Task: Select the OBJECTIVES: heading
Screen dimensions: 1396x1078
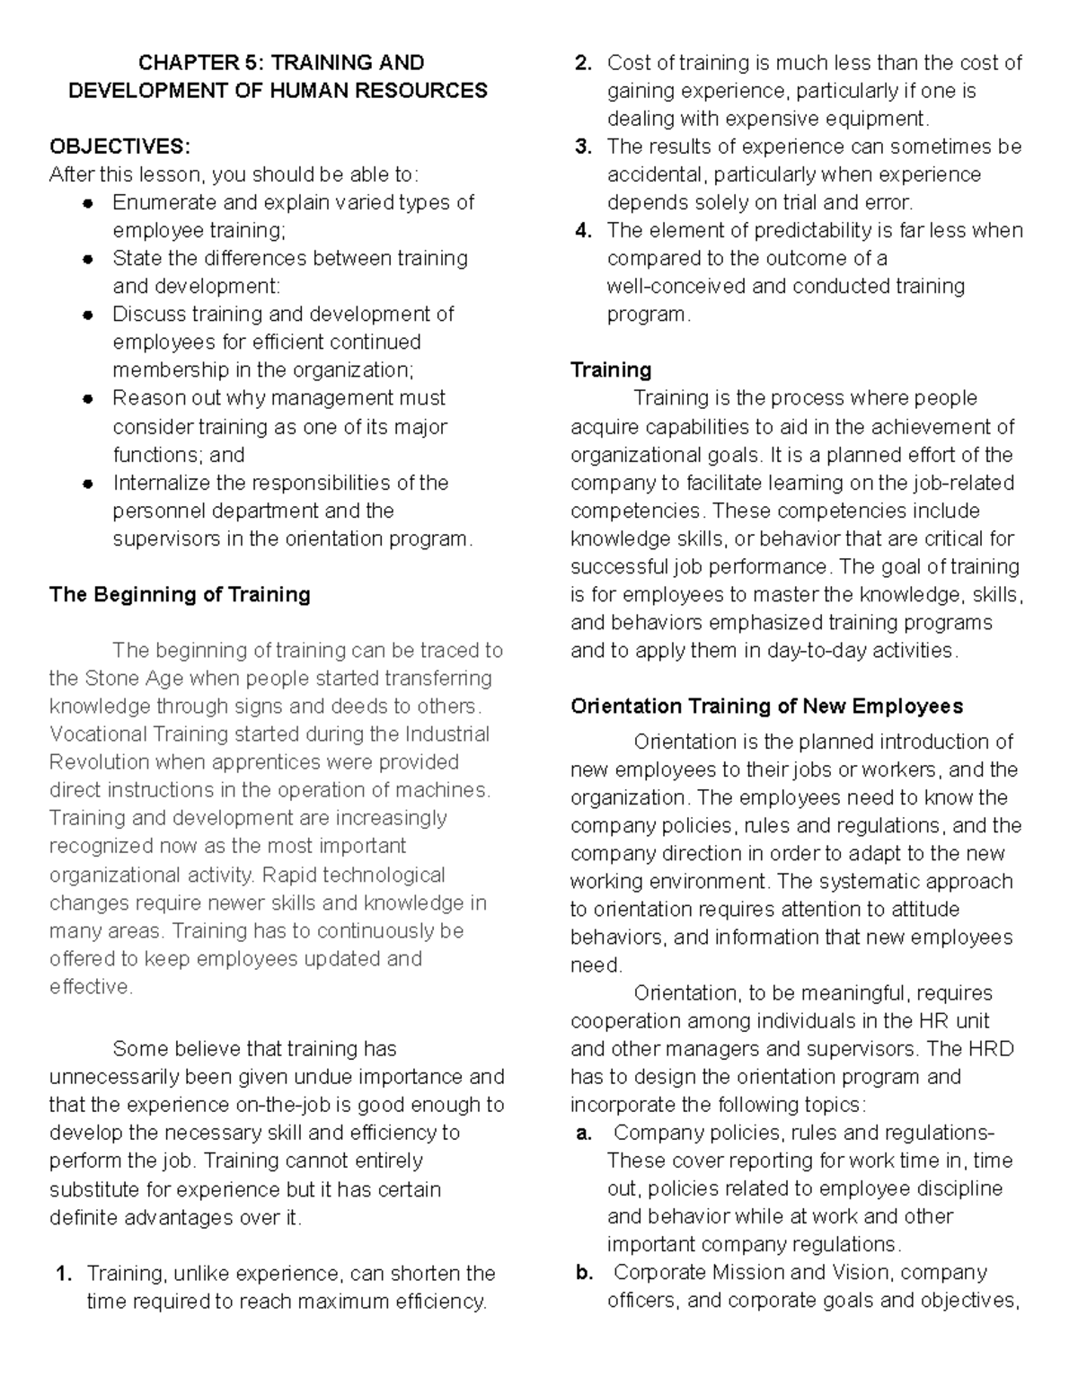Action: click(x=119, y=147)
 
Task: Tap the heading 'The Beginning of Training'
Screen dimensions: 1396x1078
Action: click(x=180, y=594)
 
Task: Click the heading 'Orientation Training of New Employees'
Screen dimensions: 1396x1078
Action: click(x=766, y=706)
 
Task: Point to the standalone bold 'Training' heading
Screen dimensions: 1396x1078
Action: click(x=611, y=370)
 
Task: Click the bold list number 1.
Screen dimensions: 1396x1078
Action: click(x=62, y=1274)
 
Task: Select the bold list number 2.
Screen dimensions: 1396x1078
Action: click(x=583, y=63)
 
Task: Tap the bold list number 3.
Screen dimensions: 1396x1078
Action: click(x=583, y=147)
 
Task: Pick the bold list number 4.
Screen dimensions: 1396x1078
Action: click(x=583, y=231)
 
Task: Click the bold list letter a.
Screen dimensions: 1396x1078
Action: click(x=583, y=1134)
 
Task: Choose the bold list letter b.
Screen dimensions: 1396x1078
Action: click(x=583, y=1273)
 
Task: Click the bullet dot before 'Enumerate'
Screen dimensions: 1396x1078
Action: click(x=88, y=203)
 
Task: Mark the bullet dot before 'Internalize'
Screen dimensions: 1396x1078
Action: click(x=88, y=484)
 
